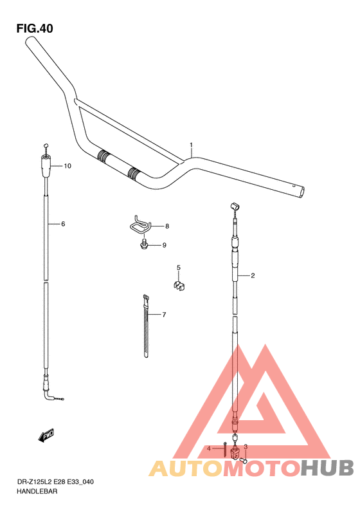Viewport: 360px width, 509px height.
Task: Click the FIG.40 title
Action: (35, 28)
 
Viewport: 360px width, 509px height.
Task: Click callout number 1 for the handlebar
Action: (192, 145)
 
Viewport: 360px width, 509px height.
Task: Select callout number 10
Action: (67, 166)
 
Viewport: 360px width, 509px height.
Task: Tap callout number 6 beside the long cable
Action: (63, 224)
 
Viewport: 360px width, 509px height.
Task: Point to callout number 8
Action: (167, 227)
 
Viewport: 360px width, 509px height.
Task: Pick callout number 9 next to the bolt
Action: (164, 245)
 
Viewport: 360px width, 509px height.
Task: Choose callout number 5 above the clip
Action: (178, 268)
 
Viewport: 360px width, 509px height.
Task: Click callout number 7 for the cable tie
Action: (164, 315)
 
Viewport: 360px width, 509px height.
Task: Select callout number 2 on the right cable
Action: (253, 275)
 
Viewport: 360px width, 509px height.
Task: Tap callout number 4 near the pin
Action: (209, 449)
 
